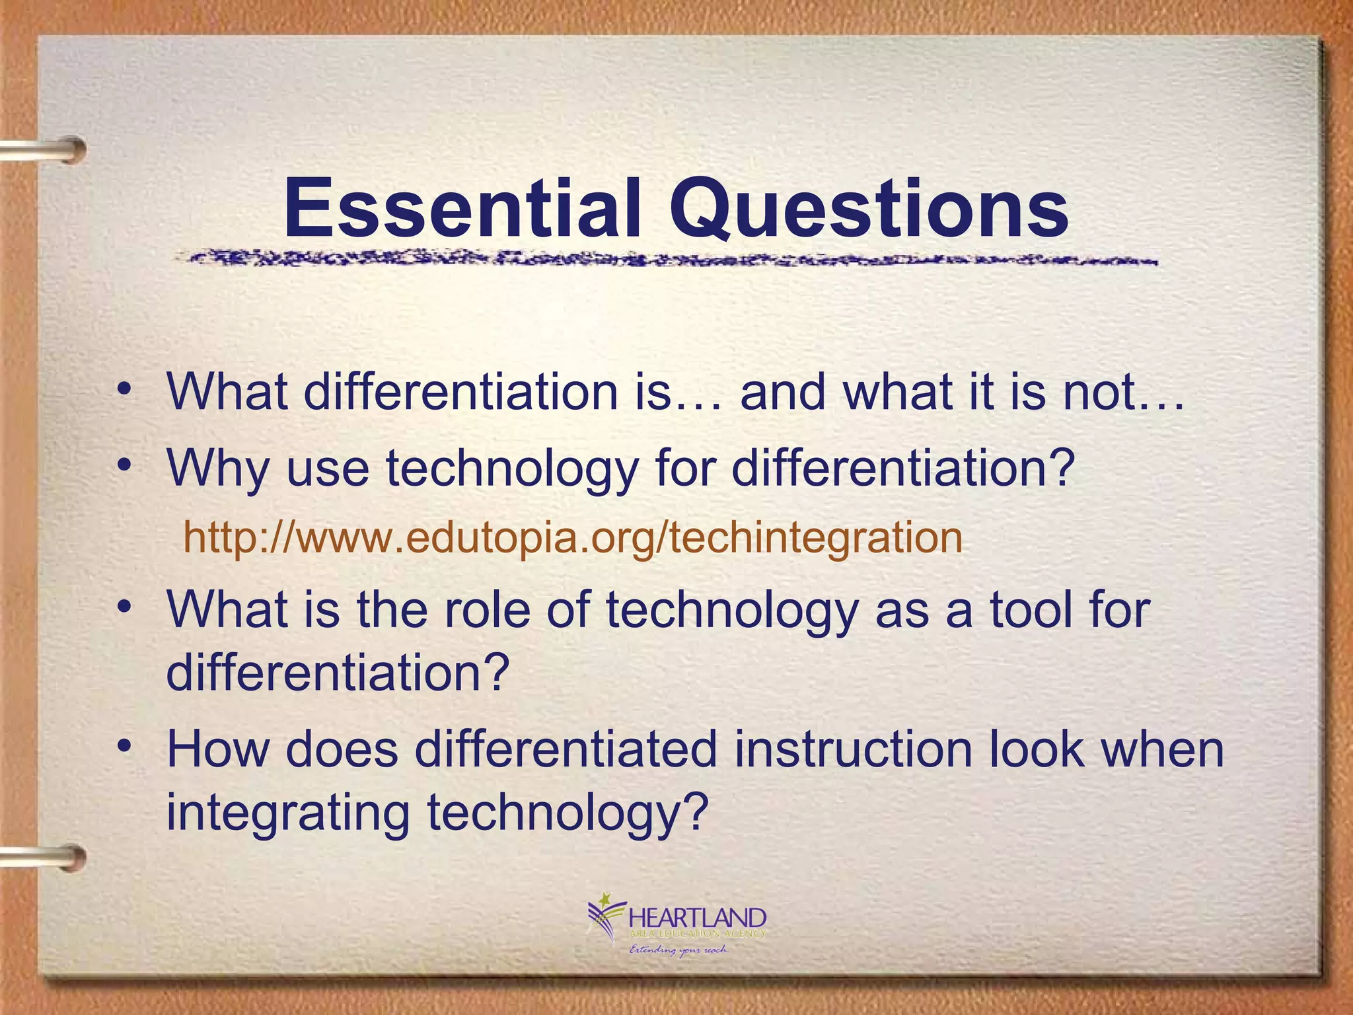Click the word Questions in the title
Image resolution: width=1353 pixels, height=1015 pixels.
(869, 210)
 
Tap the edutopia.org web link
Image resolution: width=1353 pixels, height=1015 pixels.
(572, 537)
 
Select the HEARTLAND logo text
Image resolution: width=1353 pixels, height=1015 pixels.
(698, 918)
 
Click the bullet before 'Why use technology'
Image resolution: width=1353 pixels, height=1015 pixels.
(124, 465)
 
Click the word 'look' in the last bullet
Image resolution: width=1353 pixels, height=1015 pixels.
(1037, 750)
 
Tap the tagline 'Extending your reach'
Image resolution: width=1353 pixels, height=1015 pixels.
(678, 950)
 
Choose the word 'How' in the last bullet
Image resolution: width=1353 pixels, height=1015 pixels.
(217, 750)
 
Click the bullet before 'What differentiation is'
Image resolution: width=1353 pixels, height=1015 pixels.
(124, 389)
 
